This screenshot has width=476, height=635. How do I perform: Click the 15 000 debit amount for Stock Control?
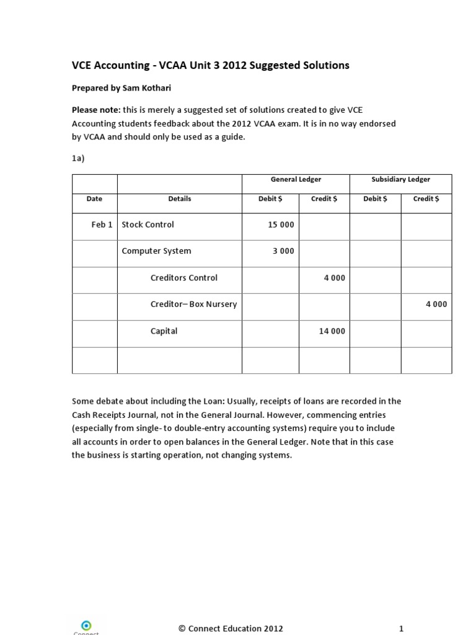tap(281, 224)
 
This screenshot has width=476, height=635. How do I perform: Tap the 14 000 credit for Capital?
tap(332, 331)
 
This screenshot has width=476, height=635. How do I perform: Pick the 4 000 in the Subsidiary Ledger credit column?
tap(436, 304)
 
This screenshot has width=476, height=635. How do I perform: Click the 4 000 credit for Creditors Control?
tap(334, 278)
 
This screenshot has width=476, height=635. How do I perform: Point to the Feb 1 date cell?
tap(102, 224)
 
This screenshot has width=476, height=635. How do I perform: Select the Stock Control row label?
tap(148, 224)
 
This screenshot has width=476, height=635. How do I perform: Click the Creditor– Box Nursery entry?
tap(193, 304)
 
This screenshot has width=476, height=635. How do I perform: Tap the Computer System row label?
tap(156, 251)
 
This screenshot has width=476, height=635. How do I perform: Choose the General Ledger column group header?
tap(296, 179)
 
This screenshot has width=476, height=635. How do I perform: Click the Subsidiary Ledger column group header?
tap(400, 179)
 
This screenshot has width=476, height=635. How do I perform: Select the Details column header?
tap(179, 199)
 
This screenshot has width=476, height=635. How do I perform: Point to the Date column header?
tap(94, 199)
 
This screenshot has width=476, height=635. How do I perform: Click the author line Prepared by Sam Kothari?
tap(120, 89)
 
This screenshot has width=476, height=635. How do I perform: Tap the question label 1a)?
tap(78, 158)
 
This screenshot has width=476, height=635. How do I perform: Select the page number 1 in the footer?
tap(401, 628)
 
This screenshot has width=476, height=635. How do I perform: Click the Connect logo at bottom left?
tap(86, 625)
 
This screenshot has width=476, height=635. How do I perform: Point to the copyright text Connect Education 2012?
tap(231, 628)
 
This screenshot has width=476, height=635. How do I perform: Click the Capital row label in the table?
tap(164, 331)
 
